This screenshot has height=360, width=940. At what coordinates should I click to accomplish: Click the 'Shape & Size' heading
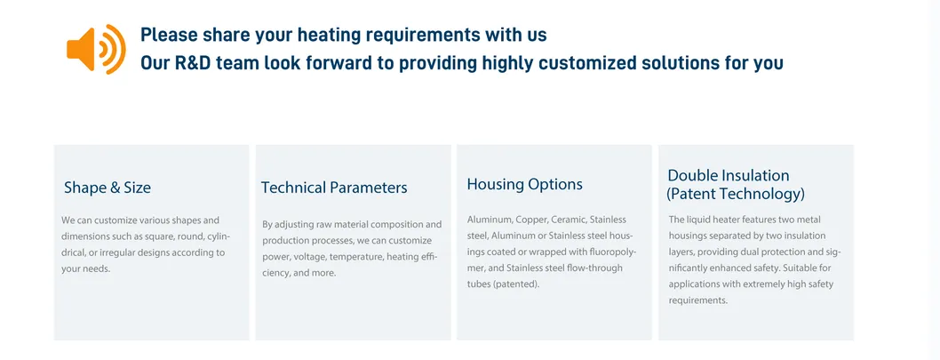point(108,188)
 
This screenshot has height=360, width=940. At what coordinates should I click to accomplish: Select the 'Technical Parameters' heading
point(334,188)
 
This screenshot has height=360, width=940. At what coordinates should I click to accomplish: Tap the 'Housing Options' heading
point(524,184)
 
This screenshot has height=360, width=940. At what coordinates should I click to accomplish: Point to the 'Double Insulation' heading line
point(728,175)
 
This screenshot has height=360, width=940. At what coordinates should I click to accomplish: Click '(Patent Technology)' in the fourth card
point(736,193)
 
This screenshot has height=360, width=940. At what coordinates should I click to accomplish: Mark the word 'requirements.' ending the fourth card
point(697,300)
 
